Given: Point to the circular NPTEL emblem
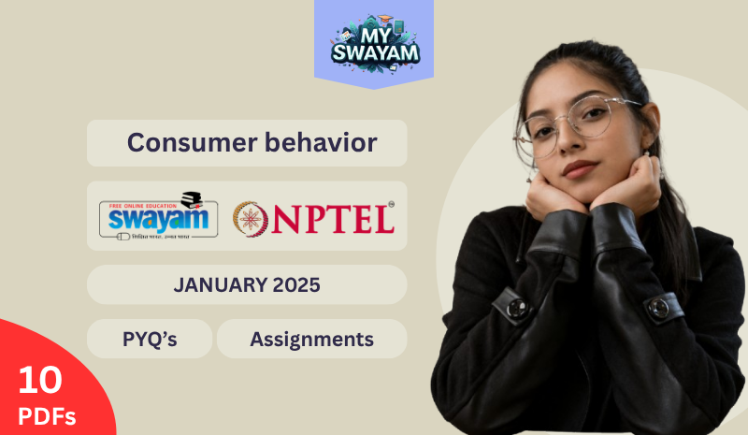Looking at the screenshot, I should pyautogui.click(x=252, y=217).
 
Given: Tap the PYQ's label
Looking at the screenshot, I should pyautogui.click(x=150, y=340).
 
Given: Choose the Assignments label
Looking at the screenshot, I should pyautogui.click(x=311, y=340).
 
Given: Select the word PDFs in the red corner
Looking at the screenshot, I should pyautogui.click(x=46, y=414).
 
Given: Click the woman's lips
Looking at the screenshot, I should pyautogui.click(x=580, y=168).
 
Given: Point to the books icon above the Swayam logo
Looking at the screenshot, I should pyautogui.click(x=192, y=199).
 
